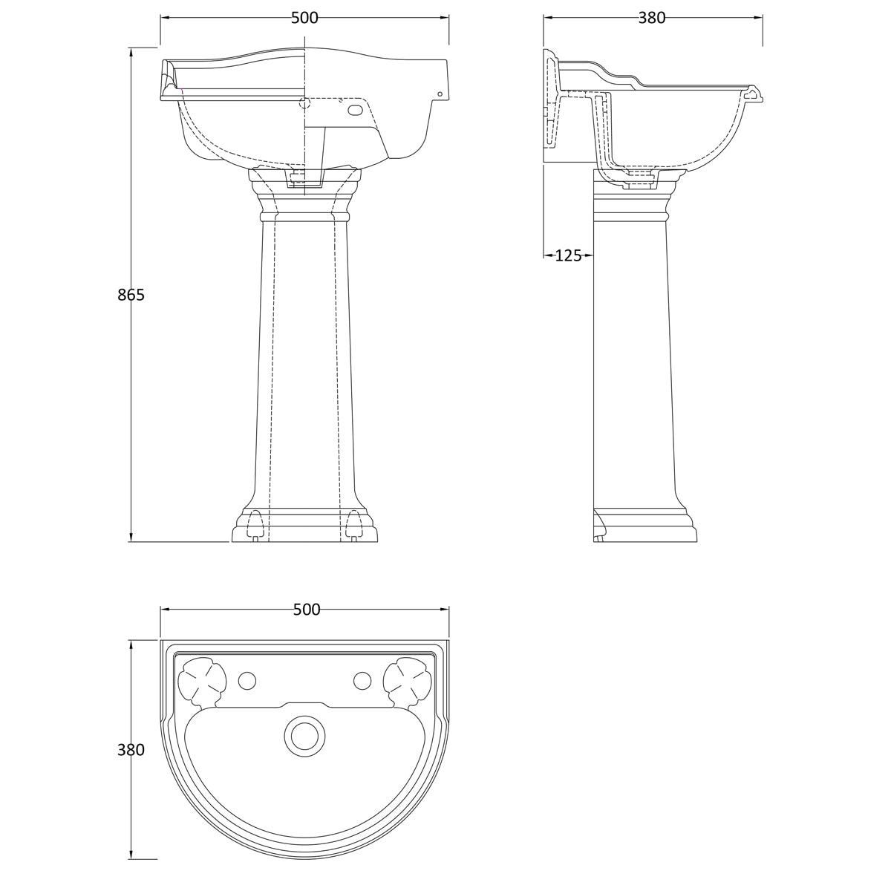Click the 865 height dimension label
pos(131,295)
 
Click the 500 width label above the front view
pos(304,18)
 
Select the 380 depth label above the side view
pos(652,18)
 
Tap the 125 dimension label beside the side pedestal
pos(568,255)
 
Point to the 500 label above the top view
pos(306,610)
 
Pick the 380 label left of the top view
pos(131,750)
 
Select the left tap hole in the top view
pos(247,680)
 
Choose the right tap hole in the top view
pos(362,680)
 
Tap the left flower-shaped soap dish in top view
pos(201,681)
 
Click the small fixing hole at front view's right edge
pos(439,94)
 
